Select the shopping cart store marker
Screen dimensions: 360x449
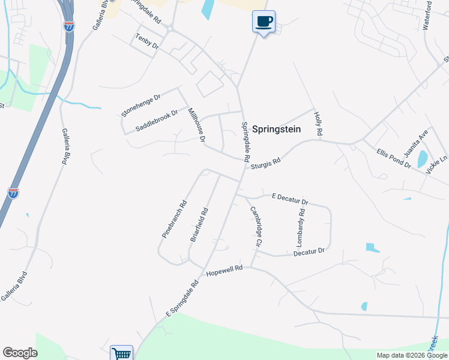121,353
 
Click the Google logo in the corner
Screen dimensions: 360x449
20,353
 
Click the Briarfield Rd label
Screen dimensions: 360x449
199,224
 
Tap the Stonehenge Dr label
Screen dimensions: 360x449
141,105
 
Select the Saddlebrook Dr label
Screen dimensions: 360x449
157,120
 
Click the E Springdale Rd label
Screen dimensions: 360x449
182,298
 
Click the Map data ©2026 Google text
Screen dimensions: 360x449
412,355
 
